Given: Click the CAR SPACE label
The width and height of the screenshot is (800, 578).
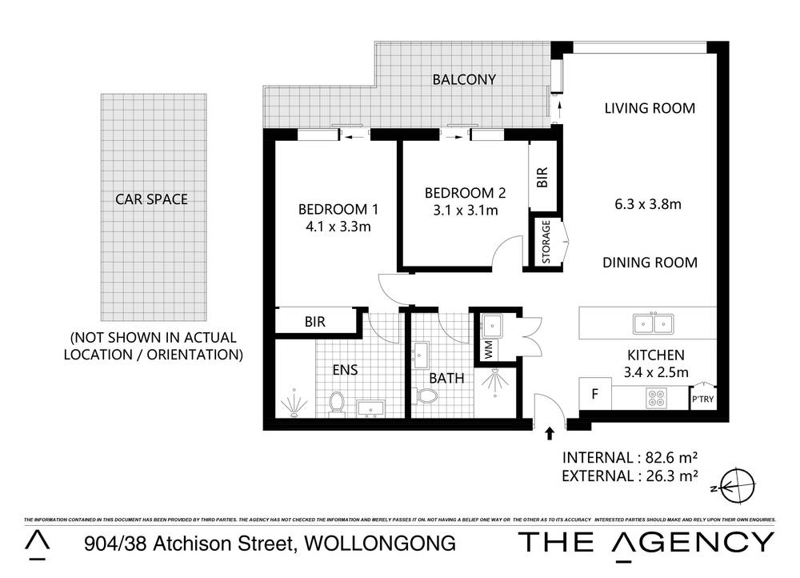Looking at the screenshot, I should pyautogui.click(x=151, y=199).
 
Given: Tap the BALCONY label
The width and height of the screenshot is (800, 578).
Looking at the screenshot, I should pyautogui.click(x=464, y=79).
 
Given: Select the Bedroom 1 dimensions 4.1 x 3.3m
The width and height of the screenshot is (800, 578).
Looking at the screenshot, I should pyautogui.click(x=338, y=227).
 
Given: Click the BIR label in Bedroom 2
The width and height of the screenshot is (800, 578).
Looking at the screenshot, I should pyautogui.click(x=542, y=176).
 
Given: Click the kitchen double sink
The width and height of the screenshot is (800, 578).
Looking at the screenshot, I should pyautogui.click(x=652, y=323).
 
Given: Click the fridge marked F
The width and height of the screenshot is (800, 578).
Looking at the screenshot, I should pyautogui.click(x=594, y=394).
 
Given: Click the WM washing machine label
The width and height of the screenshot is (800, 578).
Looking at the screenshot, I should pyautogui.click(x=487, y=350).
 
